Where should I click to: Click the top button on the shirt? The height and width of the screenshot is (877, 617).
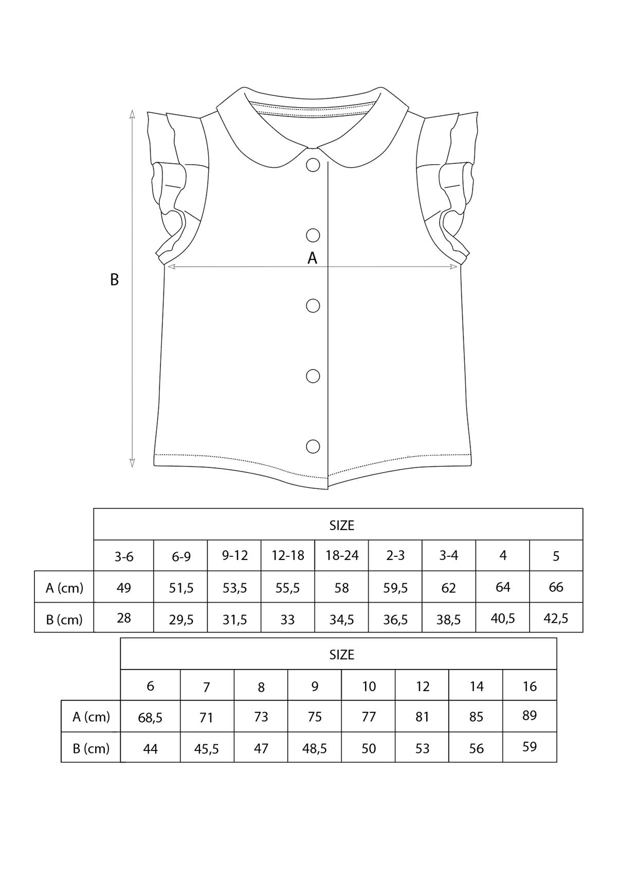coord(313,165)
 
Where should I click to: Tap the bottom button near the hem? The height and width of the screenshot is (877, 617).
coord(313,446)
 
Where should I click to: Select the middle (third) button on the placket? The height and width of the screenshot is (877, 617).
coord(313,306)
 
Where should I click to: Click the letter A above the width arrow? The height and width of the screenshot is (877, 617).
coord(312,258)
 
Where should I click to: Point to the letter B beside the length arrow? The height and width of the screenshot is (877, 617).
coord(114,279)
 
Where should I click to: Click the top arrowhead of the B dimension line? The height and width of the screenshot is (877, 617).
coord(132,114)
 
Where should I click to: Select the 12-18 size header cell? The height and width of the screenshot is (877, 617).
coord(288,556)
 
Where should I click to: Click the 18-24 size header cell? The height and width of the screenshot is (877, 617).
coord(341,556)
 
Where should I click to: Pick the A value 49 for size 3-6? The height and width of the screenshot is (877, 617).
coord(124,587)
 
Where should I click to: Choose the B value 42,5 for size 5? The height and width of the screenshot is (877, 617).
coord(556,618)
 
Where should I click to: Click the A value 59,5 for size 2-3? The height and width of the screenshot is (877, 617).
coord(395,588)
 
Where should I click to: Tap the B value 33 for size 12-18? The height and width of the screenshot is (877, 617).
coord(288,619)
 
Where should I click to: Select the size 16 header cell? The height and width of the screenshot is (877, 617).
coord(530,686)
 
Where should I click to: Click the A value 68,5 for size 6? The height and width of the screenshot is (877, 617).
coord(150,717)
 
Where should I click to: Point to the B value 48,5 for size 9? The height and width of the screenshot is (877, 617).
coord(315,748)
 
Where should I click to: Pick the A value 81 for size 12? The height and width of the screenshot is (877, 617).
coord(422,717)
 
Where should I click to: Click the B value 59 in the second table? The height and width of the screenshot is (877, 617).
coord(530,747)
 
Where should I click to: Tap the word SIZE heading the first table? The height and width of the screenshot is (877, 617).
coord(341,525)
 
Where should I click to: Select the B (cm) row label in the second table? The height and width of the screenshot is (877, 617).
coord(91,748)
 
